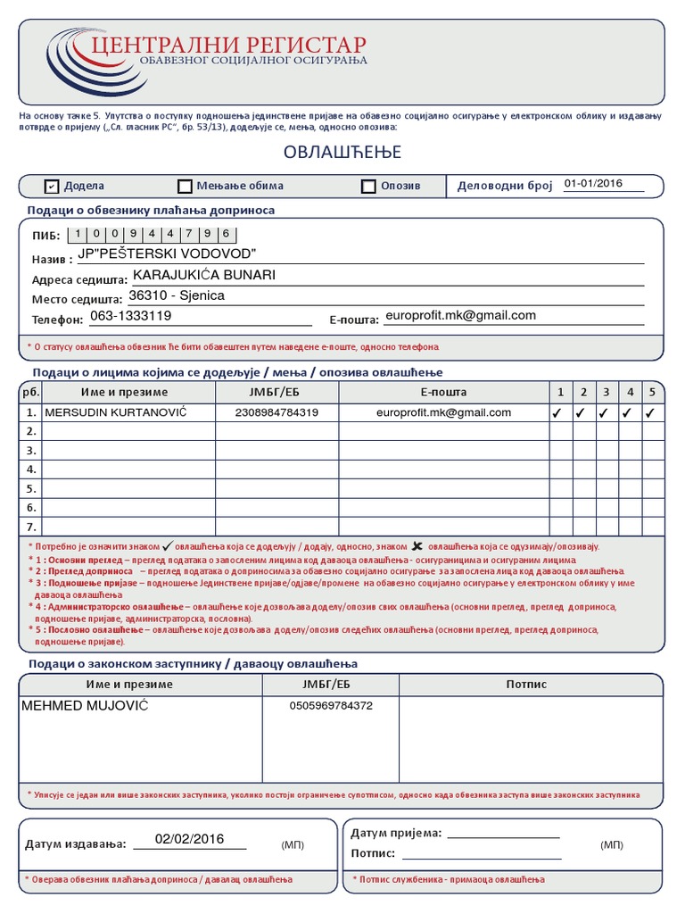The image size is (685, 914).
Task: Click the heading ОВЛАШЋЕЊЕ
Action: (x=342, y=153)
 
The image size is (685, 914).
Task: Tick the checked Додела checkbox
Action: (x=52, y=186)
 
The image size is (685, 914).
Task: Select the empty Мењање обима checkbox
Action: (x=185, y=187)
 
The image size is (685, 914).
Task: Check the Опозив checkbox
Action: (x=368, y=187)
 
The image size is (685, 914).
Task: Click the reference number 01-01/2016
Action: (x=592, y=184)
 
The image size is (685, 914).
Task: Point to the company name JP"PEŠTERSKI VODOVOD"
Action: (x=167, y=254)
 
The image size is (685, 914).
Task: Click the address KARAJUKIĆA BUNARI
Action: (x=204, y=275)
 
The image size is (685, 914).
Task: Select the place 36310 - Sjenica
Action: (x=177, y=295)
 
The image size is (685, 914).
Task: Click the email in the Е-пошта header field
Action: (x=459, y=315)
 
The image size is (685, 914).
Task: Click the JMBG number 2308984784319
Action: (x=276, y=412)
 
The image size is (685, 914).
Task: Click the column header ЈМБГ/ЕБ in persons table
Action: (x=276, y=392)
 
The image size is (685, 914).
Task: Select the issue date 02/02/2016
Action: (x=188, y=839)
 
